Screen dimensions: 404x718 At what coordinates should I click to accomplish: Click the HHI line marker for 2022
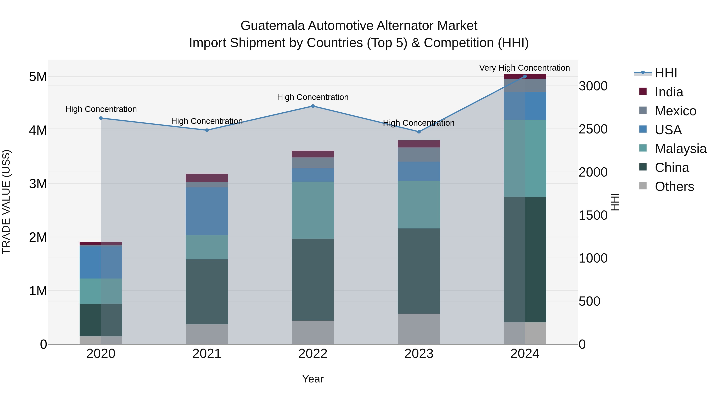tap(313, 106)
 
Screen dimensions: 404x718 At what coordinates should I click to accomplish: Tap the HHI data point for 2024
tap(525, 76)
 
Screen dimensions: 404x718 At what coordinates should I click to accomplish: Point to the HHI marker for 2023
tap(419, 132)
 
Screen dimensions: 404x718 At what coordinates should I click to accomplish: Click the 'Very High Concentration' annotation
tap(524, 68)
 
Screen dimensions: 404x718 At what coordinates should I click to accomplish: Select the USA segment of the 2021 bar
tap(207, 211)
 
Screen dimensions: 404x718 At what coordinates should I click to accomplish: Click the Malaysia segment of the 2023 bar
tap(419, 205)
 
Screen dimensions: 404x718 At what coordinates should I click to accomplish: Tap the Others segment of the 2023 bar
tap(419, 329)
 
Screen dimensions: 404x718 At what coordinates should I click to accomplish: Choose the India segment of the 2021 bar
tap(207, 178)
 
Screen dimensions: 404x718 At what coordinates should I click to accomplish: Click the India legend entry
tap(669, 92)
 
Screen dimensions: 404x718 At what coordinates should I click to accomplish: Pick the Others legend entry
tap(674, 187)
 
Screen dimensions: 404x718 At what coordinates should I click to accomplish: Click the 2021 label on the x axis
tap(207, 354)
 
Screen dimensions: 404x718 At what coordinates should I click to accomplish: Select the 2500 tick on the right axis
tap(593, 129)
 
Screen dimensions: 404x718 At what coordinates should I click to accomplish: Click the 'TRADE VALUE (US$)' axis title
tap(6, 202)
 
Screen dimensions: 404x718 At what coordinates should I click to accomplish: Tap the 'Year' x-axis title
tap(313, 379)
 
